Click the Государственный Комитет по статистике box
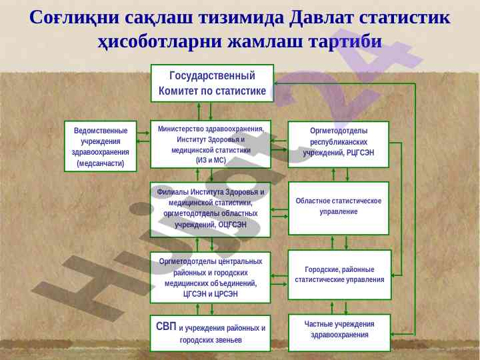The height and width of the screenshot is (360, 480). coord(212,83)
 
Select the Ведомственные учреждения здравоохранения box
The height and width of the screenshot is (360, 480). coord(100,145)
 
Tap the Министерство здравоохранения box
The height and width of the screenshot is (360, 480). coord(211,143)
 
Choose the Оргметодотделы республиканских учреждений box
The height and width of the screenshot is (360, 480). coord(338,143)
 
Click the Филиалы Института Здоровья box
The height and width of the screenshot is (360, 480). coord(211,209)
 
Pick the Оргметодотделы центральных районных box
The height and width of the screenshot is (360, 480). coord(211,277)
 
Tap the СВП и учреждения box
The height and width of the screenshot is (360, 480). coord(211,333)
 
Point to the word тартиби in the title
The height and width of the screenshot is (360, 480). coord(345,42)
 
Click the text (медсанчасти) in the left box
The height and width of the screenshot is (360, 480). coord(100,163)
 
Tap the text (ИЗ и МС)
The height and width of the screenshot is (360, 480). coord(211,160)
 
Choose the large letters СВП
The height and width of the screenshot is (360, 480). coord(166,327)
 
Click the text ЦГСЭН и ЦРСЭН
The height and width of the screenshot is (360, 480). coord(211,293)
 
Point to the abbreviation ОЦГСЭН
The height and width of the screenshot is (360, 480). coord(232,225)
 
